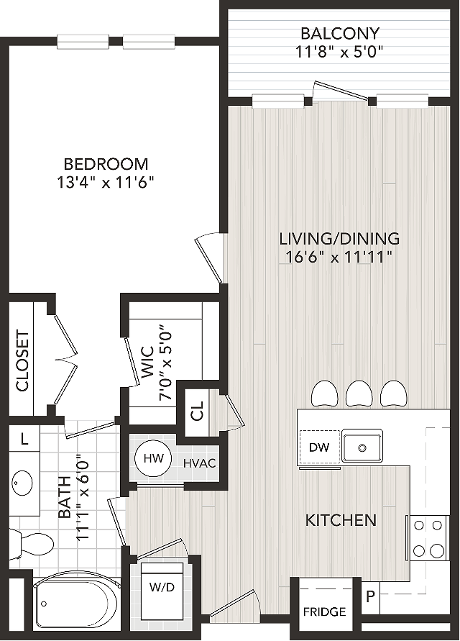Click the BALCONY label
click(x=340, y=32)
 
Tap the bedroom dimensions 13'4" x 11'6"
click(x=106, y=182)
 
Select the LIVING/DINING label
click(x=339, y=238)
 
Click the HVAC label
click(x=199, y=463)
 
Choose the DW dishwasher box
click(x=320, y=447)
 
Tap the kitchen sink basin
click(x=362, y=447)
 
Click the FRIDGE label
click(x=324, y=612)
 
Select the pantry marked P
click(x=370, y=597)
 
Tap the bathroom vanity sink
click(x=22, y=483)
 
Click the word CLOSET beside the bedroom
click(x=22, y=360)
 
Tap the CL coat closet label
click(x=197, y=410)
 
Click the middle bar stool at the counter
click(x=359, y=394)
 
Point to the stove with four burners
click(x=428, y=537)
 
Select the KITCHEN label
click(x=341, y=520)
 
